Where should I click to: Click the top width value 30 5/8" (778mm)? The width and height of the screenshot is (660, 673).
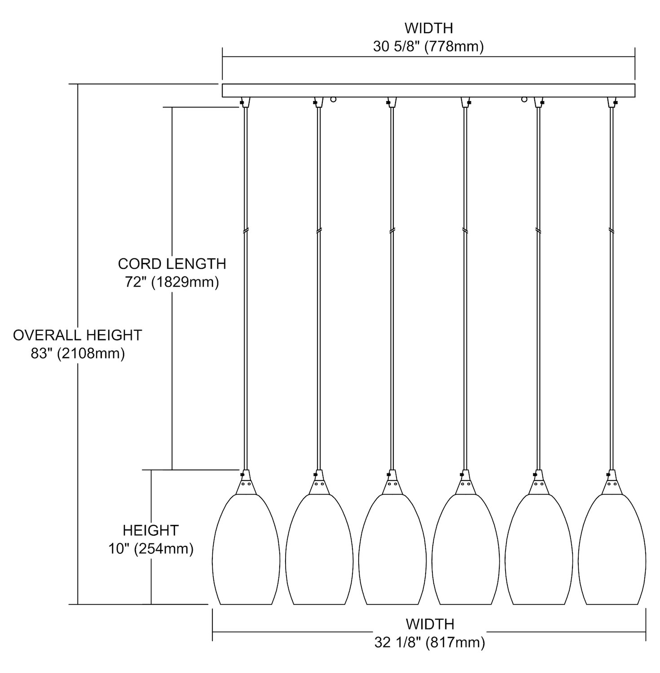coord(428,47)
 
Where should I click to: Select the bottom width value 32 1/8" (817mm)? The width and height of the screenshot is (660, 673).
coord(430,643)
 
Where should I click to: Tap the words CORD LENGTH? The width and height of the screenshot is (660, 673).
coord(172,264)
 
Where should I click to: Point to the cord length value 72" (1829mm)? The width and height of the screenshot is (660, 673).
coord(172,282)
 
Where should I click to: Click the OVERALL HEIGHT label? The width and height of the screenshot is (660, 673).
coord(77,335)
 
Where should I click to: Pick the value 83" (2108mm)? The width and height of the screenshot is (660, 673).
coord(78,354)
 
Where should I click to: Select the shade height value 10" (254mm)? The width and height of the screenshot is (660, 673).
coord(151,549)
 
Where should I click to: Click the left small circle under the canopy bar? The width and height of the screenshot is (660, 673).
coord(333,99)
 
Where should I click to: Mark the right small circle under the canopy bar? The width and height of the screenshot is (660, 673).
coord(524,99)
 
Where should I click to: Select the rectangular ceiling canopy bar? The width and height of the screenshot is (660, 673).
coord(428,90)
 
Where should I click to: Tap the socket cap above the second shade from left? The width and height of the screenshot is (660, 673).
coord(318,482)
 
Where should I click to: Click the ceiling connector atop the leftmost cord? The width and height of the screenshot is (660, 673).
coord(245,102)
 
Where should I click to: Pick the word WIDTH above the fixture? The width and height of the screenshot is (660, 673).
coord(428,28)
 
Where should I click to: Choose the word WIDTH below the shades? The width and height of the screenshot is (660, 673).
coord(430,624)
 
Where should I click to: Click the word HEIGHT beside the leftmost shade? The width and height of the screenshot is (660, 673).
coord(151,530)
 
